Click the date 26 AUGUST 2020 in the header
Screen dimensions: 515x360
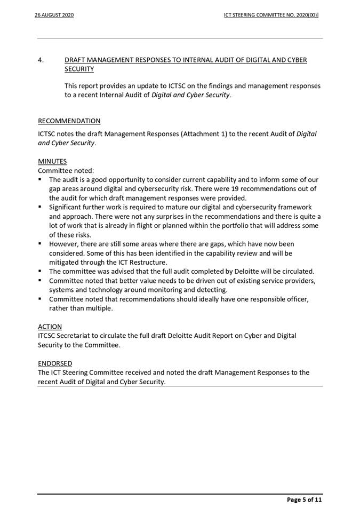(x=54, y=15)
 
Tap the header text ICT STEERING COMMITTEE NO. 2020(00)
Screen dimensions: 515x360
(x=271, y=15)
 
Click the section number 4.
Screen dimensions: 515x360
(x=41, y=60)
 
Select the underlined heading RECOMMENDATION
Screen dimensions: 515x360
(x=69, y=121)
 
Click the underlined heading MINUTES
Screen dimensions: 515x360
(x=52, y=161)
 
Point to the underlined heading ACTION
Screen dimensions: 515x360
(x=50, y=326)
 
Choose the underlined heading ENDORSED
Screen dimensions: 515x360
(x=55, y=363)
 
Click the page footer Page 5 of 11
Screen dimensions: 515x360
(x=305, y=500)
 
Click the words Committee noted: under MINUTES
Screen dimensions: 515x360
(x=66, y=171)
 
